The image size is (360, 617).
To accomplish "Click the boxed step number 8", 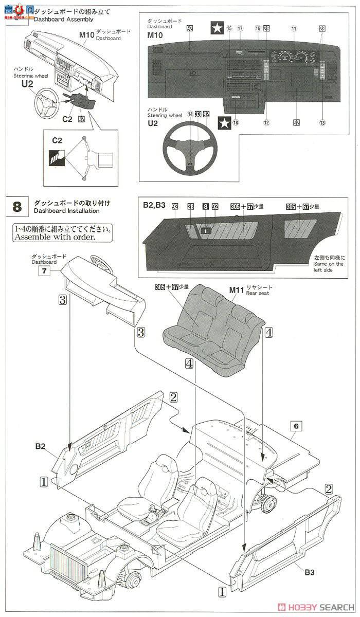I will point(16,207).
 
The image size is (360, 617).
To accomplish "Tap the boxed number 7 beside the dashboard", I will point(44,271).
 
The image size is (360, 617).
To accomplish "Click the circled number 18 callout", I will point(236,123).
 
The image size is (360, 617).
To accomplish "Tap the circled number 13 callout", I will point(322,122).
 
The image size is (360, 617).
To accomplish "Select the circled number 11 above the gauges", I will point(294,29).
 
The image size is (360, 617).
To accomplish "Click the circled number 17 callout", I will point(240,29).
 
